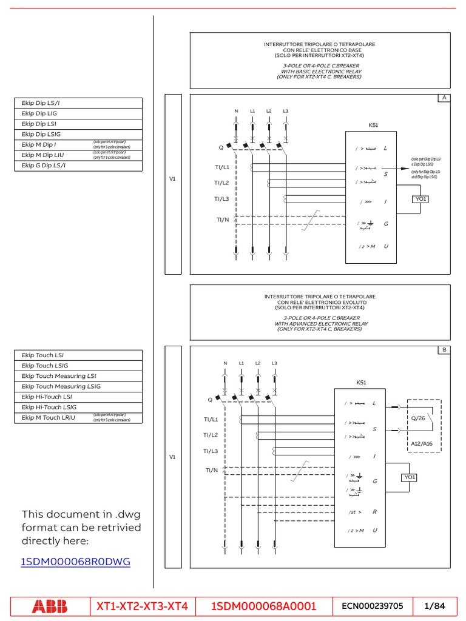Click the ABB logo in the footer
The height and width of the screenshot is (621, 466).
coord(50,606)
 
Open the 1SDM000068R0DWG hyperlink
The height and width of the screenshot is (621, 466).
coord(75,562)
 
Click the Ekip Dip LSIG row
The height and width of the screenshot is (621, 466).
coord(41,134)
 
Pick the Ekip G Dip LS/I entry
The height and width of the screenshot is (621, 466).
coord(43,165)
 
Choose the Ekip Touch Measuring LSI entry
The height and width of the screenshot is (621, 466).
coord(59,376)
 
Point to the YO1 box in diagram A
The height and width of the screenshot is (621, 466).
coord(420,199)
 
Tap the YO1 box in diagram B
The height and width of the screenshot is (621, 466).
coord(410,477)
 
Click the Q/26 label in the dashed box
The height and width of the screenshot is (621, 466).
coord(418,418)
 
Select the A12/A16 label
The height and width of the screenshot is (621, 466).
coord(422,443)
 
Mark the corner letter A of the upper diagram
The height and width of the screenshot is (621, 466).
coord(444,98)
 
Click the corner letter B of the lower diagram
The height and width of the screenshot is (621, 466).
coord(444,350)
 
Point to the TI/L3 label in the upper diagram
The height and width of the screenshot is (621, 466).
coord(221,198)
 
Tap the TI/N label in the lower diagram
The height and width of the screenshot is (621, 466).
coord(211,470)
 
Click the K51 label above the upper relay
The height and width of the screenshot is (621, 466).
coord(373,125)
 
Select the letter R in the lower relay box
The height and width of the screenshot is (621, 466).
coord(374,511)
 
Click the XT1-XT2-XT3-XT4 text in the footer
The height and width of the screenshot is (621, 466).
coord(143,606)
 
